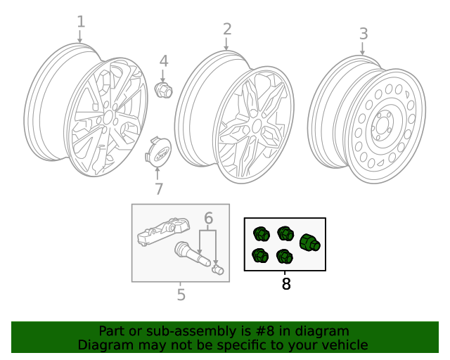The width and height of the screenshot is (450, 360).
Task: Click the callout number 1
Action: click(81, 21)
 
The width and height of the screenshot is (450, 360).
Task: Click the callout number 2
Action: click(227, 29)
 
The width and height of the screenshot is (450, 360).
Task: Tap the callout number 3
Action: click(364, 33)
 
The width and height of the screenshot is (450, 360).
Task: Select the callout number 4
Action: click(163, 61)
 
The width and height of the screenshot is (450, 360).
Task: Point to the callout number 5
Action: click(181, 295)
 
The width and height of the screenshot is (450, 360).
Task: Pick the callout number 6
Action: click(208, 219)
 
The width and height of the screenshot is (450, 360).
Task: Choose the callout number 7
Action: click(159, 188)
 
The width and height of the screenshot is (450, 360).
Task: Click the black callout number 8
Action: click(285, 284)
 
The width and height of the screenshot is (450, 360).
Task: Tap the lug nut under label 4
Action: click(163, 90)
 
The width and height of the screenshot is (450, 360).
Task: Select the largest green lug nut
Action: click(309, 243)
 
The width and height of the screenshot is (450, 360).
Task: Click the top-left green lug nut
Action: click(261, 233)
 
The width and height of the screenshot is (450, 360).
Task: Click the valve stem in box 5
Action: click(191, 254)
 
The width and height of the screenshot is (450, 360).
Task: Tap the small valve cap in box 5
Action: click(217, 270)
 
